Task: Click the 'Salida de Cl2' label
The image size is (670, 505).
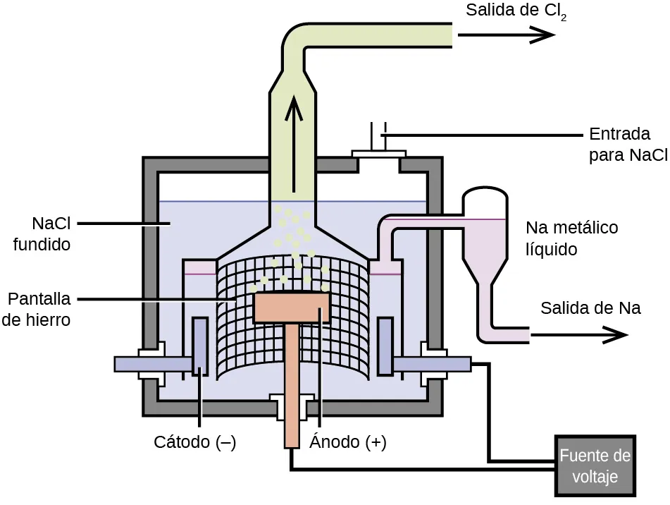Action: [x=516, y=12]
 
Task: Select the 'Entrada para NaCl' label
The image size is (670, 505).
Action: [x=628, y=145]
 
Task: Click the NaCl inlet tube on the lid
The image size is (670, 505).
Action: [x=378, y=138]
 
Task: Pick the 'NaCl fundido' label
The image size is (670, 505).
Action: [x=42, y=234]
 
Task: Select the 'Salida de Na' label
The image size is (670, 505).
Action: [x=590, y=308]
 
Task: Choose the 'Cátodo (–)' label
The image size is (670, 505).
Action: [x=194, y=443]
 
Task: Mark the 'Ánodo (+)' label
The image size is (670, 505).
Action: [x=348, y=443]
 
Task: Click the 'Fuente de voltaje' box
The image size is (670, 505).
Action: [x=595, y=466]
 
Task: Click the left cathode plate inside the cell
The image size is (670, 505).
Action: [x=199, y=346]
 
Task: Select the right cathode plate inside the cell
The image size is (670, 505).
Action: [x=385, y=346]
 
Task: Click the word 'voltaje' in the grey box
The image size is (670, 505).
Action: [x=595, y=477]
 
